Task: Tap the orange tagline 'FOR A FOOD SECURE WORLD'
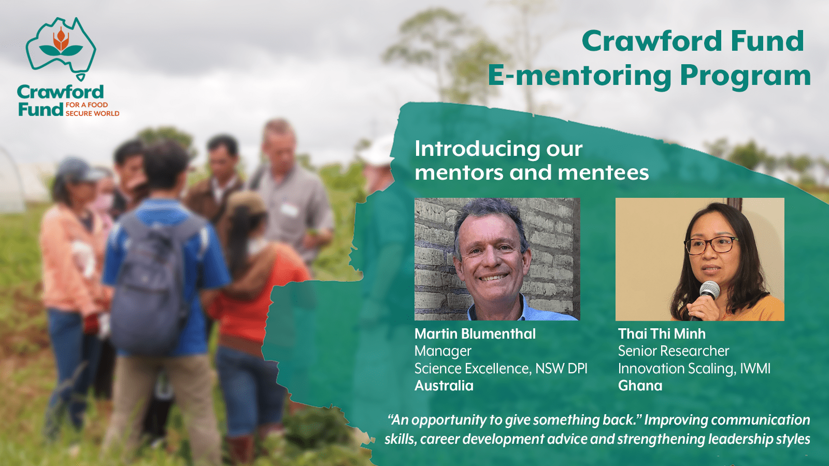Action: click(x=92, y=109)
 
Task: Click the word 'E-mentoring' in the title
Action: click(x=579, y=76)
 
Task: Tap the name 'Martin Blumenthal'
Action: click(x=475, y=334)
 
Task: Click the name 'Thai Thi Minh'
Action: click(x=662, y=334)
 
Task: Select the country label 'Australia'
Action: click(x=444, y=386)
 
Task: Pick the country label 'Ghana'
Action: click(x=640, y=386)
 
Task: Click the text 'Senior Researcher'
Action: click(x=674, y=351)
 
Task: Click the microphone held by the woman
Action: click(x=706, y=296)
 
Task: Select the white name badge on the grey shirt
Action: click(x=289, y=210)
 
